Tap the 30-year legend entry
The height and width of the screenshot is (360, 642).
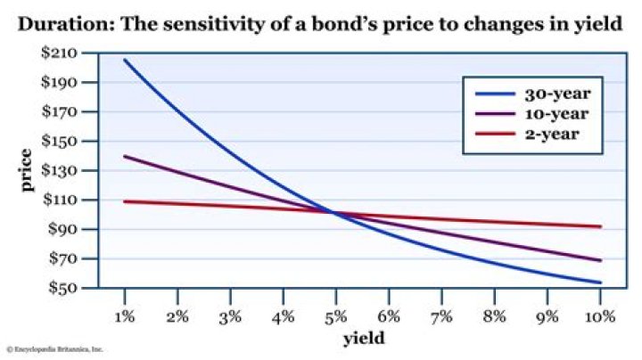tap(553, 92)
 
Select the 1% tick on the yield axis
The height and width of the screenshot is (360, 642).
tap(125, 315)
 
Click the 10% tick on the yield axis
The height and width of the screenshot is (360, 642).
tap(601, 315)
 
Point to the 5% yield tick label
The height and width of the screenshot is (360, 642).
tap(336, 315)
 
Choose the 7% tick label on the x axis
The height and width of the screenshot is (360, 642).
tap(442, 315)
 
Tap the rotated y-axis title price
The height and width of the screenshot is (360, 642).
tap(27, 170)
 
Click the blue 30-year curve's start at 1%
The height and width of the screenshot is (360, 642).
tap(125, 60)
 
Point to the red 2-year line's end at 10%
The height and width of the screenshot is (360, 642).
tap(601, 226)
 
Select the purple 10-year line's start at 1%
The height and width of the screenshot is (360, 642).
tap(125, 156)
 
